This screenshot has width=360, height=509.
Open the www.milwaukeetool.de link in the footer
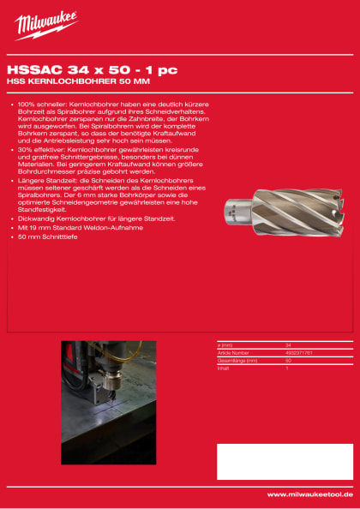tap(309, 494)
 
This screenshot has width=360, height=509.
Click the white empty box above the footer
tap(285, 461)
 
